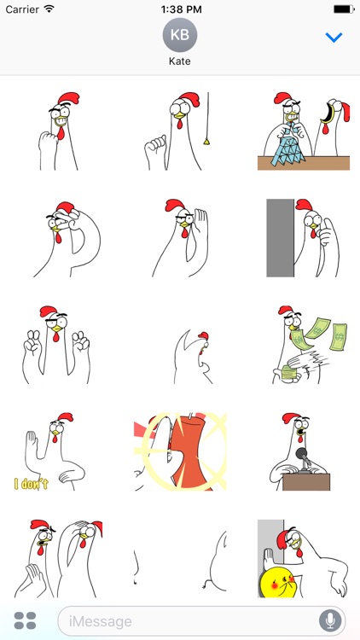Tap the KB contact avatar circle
[180, 35]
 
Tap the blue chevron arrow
[334, 38]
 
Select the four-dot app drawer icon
[26, 620]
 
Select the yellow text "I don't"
[32, 484]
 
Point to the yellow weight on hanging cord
[206, 138]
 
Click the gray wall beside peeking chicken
[280, 238]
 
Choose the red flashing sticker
[180, 452]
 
